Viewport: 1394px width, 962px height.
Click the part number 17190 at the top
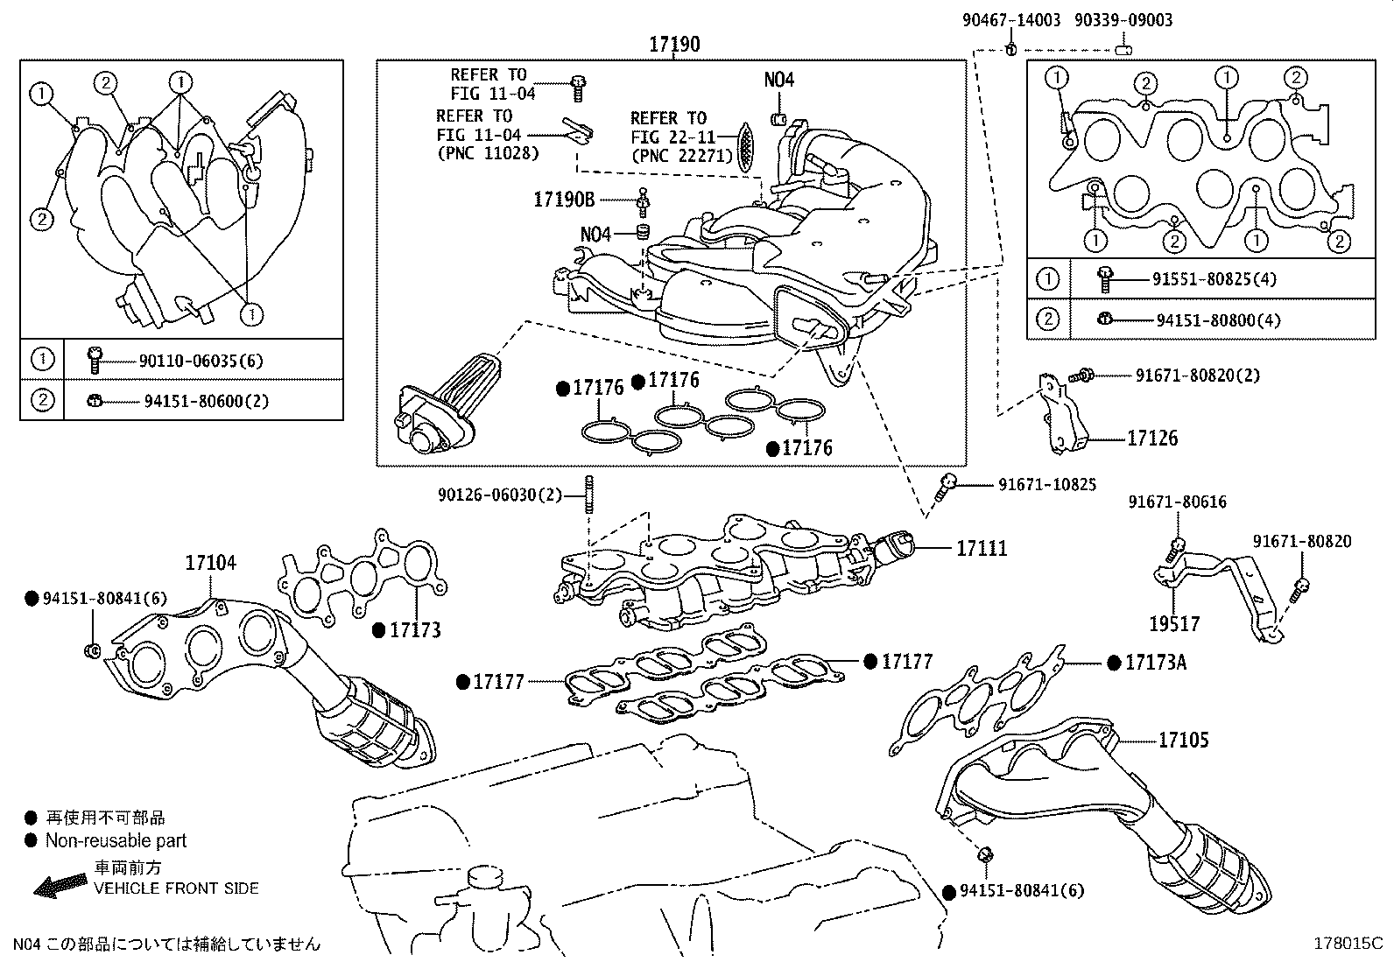674,43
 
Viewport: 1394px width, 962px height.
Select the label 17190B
563,200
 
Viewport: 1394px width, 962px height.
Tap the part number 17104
210,563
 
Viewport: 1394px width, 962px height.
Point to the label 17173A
1155,663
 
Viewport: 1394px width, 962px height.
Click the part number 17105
1183,741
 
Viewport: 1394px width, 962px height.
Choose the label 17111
982,549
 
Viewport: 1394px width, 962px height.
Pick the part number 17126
1152,439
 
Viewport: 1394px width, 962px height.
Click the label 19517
1174,624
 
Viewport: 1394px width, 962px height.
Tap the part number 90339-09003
1123,20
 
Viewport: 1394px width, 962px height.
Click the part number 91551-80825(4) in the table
1214,280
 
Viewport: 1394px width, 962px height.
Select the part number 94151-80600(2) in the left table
206,401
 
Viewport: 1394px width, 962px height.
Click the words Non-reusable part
116,840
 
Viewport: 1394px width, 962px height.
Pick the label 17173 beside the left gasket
415,629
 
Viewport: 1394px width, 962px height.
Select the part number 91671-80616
1177,502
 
